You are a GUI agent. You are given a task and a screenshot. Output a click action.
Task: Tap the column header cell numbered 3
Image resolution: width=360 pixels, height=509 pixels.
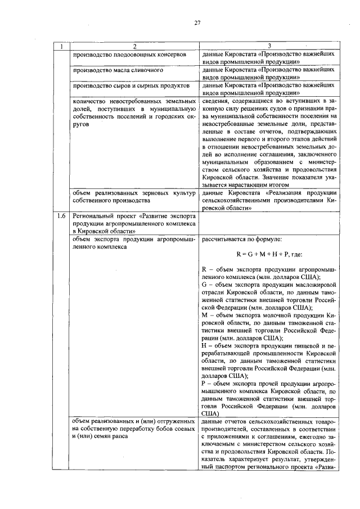270,46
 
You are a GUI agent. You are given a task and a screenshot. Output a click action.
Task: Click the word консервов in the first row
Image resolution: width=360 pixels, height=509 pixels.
168,55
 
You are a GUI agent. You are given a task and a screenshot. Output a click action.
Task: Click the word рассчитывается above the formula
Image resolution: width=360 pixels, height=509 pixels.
224,238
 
